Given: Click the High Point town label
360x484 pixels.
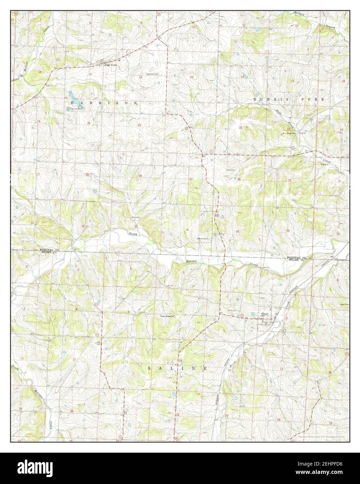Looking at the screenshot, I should point(110,65).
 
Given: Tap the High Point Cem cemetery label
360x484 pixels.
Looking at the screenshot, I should point(152,74).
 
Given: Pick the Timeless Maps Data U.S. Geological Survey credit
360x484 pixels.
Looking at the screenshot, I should point(321,436).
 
